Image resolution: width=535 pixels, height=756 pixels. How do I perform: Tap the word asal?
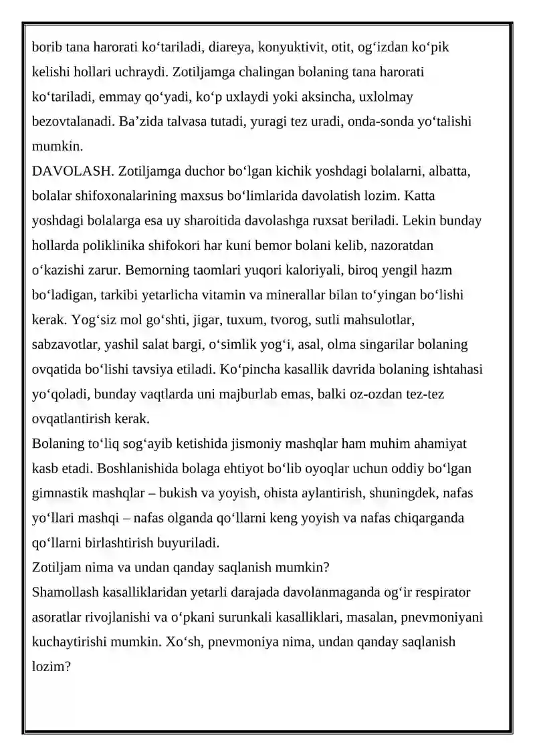321,345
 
